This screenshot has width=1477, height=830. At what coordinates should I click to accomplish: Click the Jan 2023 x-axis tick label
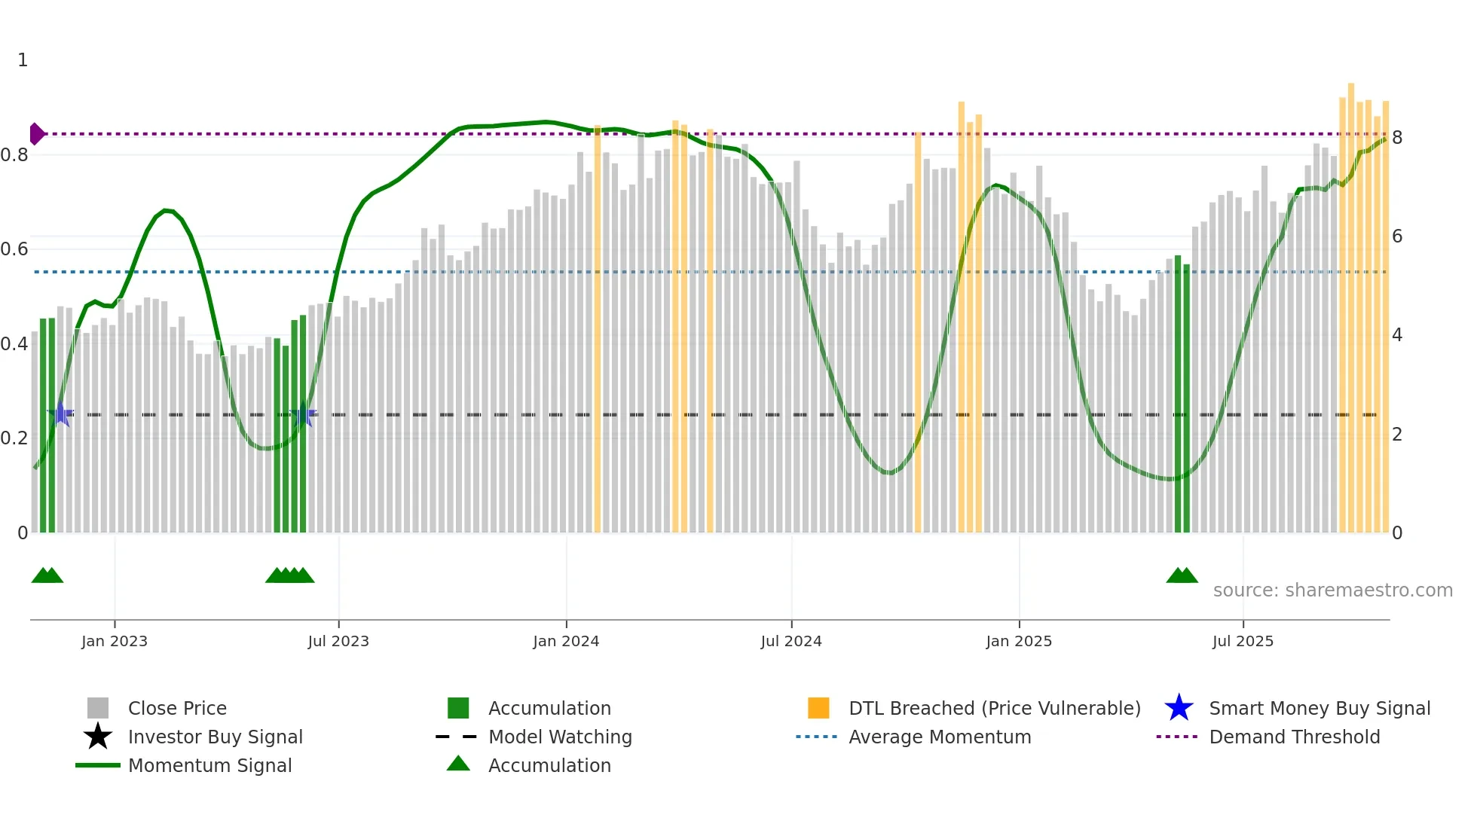pyautogui.click(x=115, y=641)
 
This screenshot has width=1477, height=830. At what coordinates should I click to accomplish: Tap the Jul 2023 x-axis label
pyautogui.click(x=338, y=641)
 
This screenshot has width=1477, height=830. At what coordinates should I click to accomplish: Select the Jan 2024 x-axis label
pyautogui.click(x=566, y=641)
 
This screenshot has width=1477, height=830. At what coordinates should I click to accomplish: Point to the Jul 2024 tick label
pyautogui.click(x=791, y=641)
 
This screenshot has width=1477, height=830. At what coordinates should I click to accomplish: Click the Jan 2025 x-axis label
pyautogui.click(x=1019, y=641)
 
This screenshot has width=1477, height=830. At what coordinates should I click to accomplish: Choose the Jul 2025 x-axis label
pyautogui.click(x=1243, y=641)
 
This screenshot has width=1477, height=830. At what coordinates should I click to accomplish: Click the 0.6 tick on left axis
pyautogui.click(x=14, y=249)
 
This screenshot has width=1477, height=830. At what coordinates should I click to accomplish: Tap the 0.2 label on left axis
pyautogui.click(x=14, y=438)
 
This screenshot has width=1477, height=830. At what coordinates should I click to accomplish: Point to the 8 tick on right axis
pyautogui.click(x=1397, y=138)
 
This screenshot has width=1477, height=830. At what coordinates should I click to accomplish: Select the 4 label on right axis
pyautogui.click(x=1397, y=335)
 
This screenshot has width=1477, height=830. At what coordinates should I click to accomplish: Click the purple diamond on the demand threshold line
pyautogui.click(x=36, y=134)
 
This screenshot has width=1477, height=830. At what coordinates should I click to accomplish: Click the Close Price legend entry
pyautogui.click(x=177, y=708)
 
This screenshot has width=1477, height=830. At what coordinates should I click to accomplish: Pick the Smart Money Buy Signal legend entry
pyautogui.click(x=1319, y=708)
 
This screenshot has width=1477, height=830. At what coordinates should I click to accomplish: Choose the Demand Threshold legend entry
pyautogui.click(x=1294, y=737)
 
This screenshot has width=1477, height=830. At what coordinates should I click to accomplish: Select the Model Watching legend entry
pyautogui.click(x=560, y=737)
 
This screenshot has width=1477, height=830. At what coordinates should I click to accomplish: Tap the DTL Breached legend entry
pyautogui.click(x=994, y=708)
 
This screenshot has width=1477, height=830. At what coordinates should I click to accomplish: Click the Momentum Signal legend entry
pyautogui.click(x=209, y=765)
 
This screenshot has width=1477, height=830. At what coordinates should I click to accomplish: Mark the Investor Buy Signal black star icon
pyautogui.click(x=98, y=737)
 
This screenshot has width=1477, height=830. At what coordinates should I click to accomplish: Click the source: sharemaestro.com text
pyautogui.click(x=1332, y=590)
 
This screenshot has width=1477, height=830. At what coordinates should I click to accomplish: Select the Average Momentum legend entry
pyautogui.click(x=940, y=737)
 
